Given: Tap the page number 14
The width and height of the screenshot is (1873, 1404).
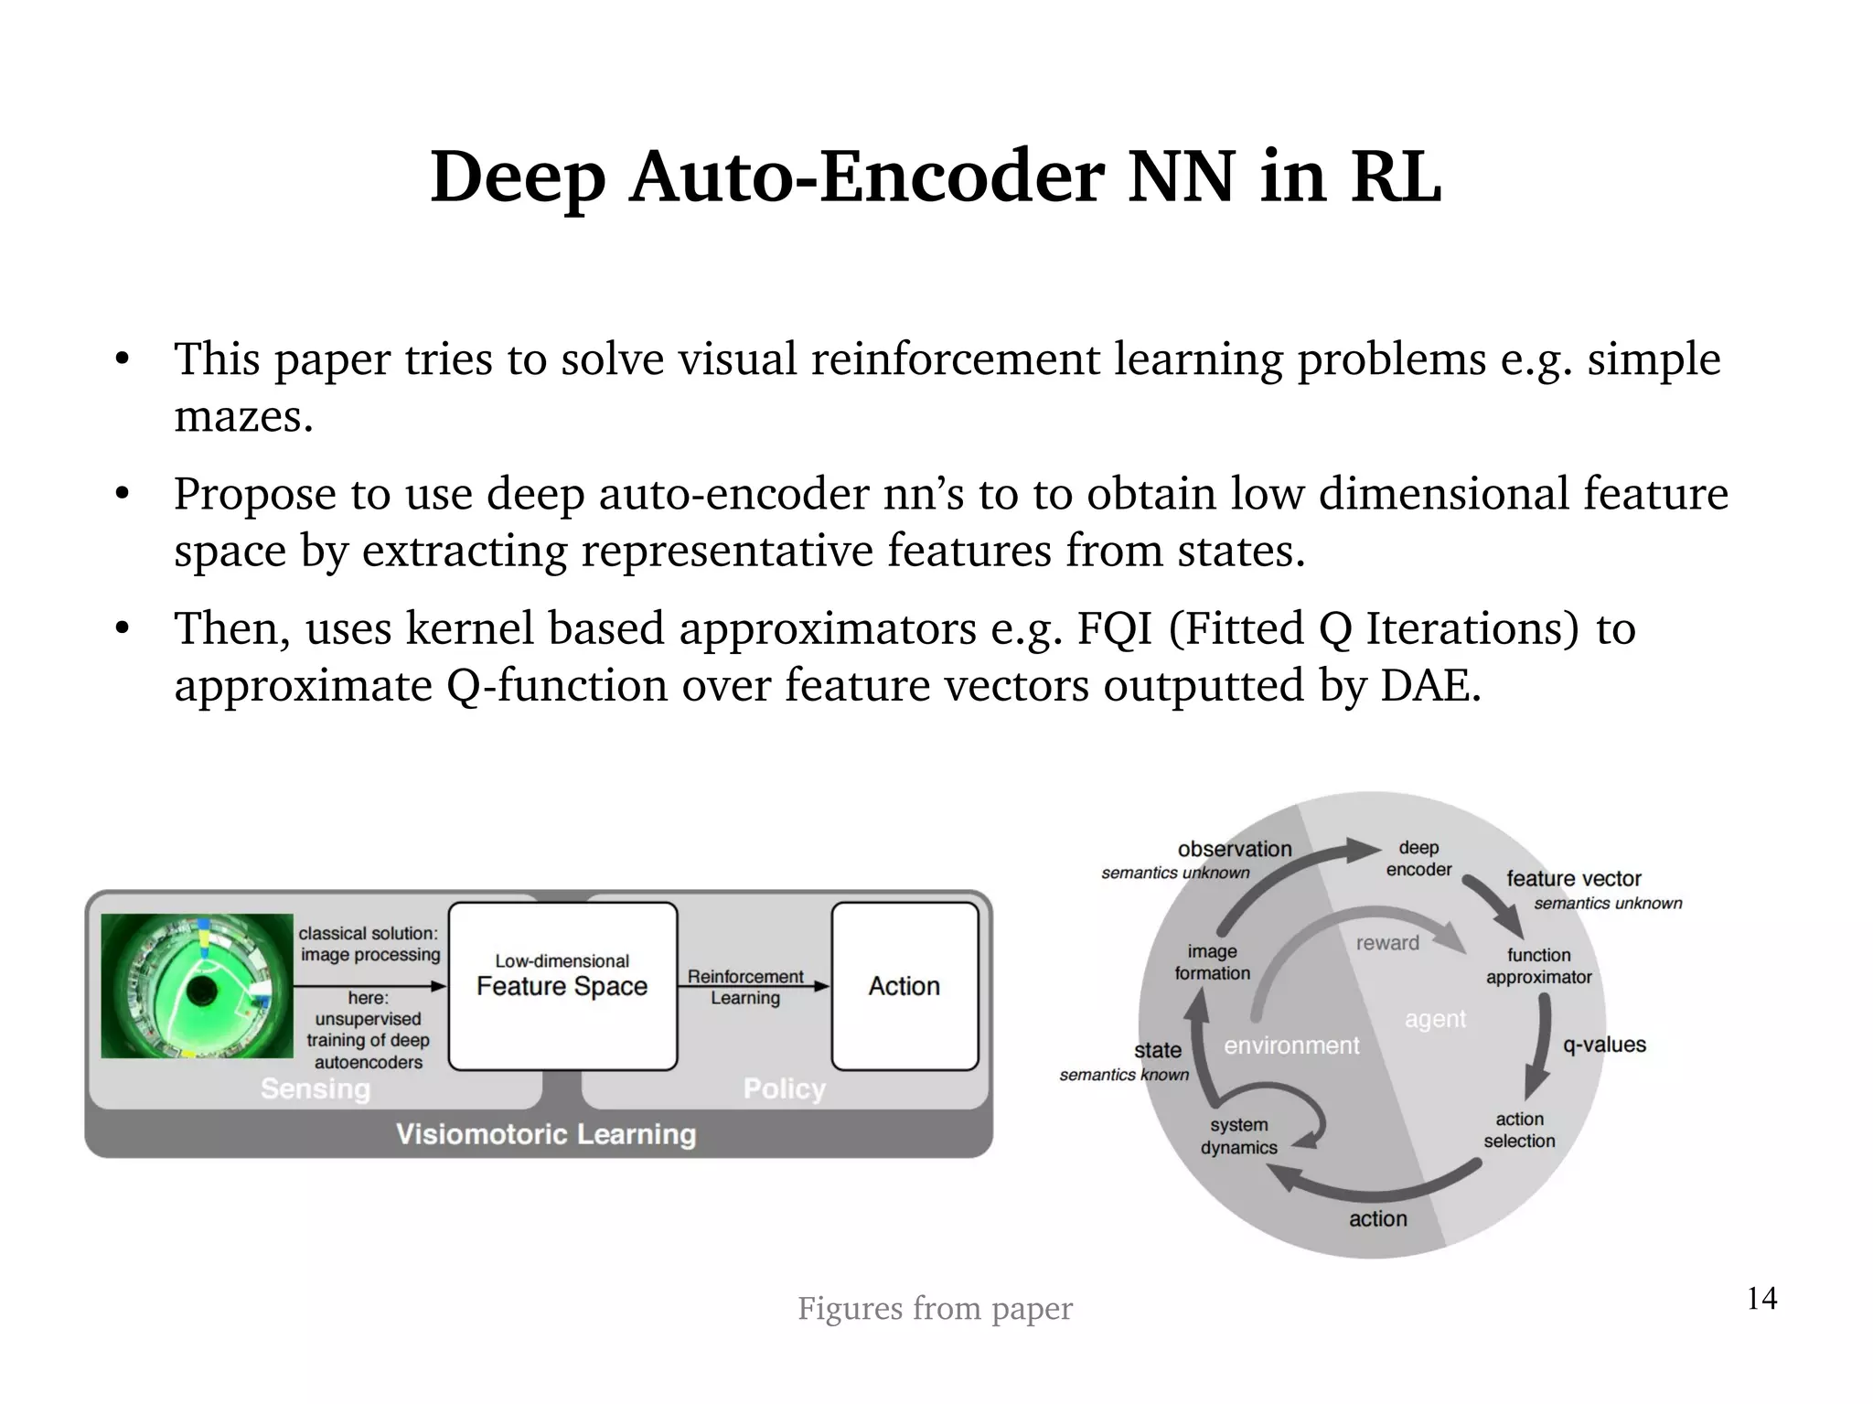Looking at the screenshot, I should pyautogui.click(x=1761, y=1298).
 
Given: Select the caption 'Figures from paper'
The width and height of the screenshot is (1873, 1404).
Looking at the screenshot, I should pyautogui.click(x=935, y=1308).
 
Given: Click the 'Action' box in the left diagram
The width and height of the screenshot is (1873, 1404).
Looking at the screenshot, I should pyautogui.click(x=904, y=986).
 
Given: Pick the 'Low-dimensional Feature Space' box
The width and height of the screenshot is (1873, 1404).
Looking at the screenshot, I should pyautogui.click(x=562, y=986).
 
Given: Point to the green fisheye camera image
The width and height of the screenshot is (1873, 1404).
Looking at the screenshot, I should pyautogui.click(x=197, y=986).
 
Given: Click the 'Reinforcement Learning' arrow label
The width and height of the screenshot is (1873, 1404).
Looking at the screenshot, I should pyautogui.click(x=745, y=987).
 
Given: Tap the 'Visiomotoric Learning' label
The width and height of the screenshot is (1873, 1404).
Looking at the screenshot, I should pyautogui.click(x=546, y=1134).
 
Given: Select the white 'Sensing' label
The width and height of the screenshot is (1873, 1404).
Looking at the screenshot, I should pyautogui.click(x=316, y=1088).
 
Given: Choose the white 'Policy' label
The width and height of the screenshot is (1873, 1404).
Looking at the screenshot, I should pyautogui.click(x=785, y=1088).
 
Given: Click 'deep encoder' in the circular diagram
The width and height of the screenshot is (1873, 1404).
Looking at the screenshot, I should pyautogui.click(x=1418, y=858).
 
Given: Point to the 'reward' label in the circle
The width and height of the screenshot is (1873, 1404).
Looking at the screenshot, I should pyautogui.click(x=1387, y=943).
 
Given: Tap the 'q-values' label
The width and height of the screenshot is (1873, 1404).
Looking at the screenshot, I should pyautogui.click(x=1604, y=1045).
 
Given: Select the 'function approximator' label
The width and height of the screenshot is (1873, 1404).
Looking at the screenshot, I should pyautogui.click(x=1539, y=966).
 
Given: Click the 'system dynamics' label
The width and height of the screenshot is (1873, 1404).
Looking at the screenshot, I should pyautogui.click(x=1239, y=1136).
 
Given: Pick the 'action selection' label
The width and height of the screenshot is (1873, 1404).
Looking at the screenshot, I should pyautogui.click(x=1519, y=1130).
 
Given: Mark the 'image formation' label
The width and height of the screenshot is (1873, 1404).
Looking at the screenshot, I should pyautogui.click(x=1212, y=962).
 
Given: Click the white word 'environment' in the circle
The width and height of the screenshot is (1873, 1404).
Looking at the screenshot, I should pyautogui.click(x=1291, y=1045).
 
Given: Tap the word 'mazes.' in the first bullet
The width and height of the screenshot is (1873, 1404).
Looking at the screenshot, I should pyautogui.click(x=243, y=417).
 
